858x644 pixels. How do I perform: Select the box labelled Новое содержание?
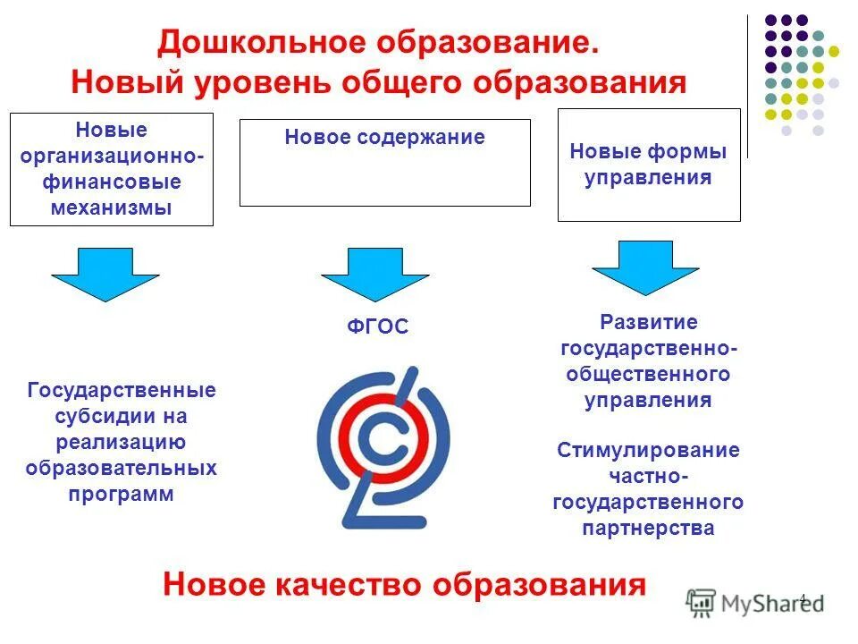pos(384,163)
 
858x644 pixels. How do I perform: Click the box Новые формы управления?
pos(649,165)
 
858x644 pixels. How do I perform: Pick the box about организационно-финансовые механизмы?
pos(112,169)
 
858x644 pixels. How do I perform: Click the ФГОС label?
pos(377,327)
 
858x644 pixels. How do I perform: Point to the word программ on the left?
pos(122,495)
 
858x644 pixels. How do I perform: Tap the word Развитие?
pos(649,321)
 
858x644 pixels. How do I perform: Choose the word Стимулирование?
pos(649,450)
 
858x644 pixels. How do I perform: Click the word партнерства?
pos(649,528)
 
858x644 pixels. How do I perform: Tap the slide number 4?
pos(803,598)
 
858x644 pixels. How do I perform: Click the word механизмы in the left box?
pos(112,208)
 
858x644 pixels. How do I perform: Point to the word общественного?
pos(649,374)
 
